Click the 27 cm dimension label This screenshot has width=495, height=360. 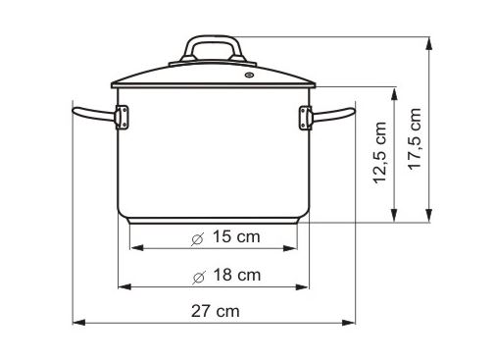pyautogui.click(x=215, y=311)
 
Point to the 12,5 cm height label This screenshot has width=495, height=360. pyautogui.click(x=379, y=153)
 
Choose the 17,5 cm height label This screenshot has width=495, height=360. pyautogui.click(x=415, y=138)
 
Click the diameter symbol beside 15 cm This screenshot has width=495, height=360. pyautogui.click(x=198, y=239)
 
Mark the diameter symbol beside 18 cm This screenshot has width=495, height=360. pyautogui.click(x=199, y=278)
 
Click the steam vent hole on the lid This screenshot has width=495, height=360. pyautogui.click(x=249, y=76)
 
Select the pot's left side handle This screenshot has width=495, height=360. pyautogui.click(x=94, y=114)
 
